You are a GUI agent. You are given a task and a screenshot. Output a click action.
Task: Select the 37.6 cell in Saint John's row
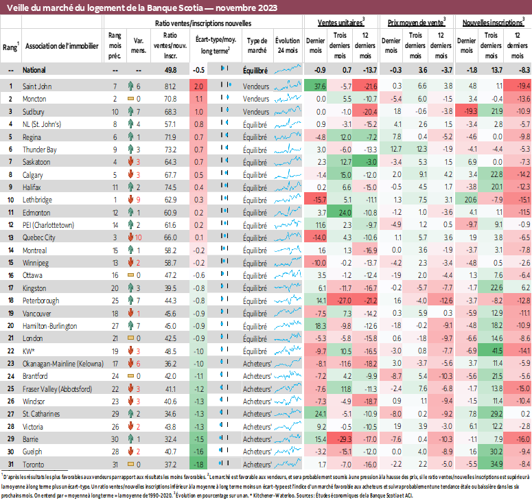(319, 86)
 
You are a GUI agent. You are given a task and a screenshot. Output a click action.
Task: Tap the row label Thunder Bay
(39, 149)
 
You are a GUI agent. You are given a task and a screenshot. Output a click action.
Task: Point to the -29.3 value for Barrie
(344, 438)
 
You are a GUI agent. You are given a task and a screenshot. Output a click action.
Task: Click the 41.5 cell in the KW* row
(495, 350)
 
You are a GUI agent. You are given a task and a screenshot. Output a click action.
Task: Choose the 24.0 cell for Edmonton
(344, 212)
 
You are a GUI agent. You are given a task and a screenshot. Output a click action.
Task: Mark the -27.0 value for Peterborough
(344, 300)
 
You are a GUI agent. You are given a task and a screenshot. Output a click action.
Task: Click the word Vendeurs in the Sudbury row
(256, 111)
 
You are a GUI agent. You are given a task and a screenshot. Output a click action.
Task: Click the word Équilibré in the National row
(255, 70)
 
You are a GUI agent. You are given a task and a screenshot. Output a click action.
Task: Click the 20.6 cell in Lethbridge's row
(470, 200)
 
